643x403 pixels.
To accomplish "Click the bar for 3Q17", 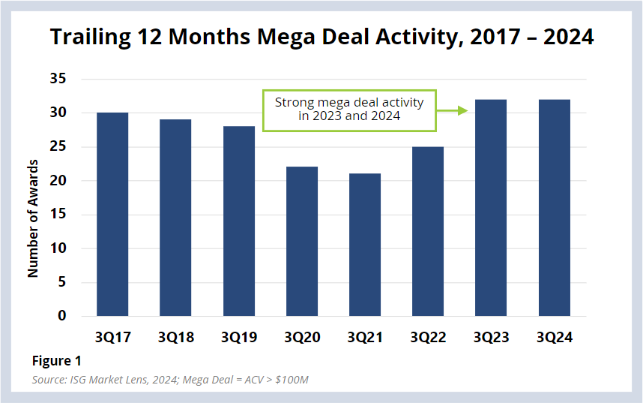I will (x=112, y=214).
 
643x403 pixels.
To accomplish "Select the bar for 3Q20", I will (x=301, y=241).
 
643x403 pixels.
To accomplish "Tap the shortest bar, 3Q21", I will (x=365, y=245).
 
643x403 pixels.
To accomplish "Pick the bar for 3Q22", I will (x=428, y=231).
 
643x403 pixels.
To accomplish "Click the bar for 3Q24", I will (x=554, y=207).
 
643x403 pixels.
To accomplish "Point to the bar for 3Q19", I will (x=238, y=221).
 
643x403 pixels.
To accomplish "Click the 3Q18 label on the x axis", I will (x=175, y=338).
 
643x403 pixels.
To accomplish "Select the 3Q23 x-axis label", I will (x=492, y=338).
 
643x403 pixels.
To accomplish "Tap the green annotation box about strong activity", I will (x=348, y=110).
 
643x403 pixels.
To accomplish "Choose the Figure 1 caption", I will (x=56, y=361).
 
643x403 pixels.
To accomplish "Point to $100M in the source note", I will (x=292, y=380).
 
